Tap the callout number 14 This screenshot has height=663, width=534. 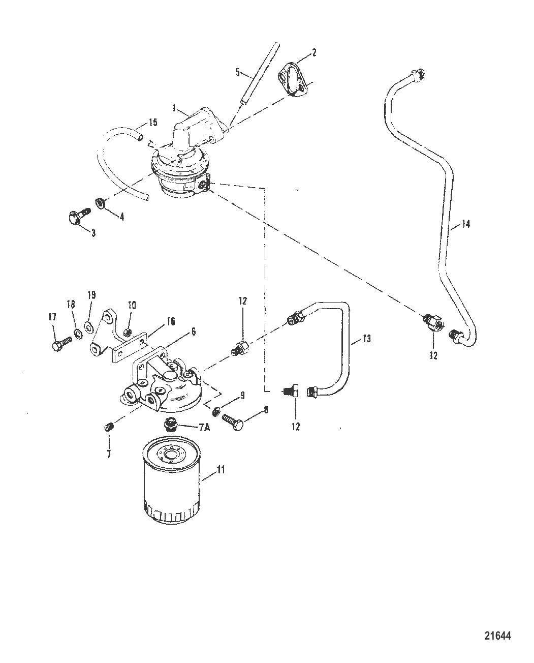click(x=466, y=223)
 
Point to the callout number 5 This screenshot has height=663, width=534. click(x=237, y=72)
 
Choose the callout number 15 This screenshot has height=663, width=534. click(x=153, y=123)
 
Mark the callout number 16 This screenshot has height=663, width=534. click(x=170, y=321)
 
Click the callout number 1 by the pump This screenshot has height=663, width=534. click(x=174, y=108)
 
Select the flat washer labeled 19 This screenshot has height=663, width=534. click(x=89, y=326)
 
